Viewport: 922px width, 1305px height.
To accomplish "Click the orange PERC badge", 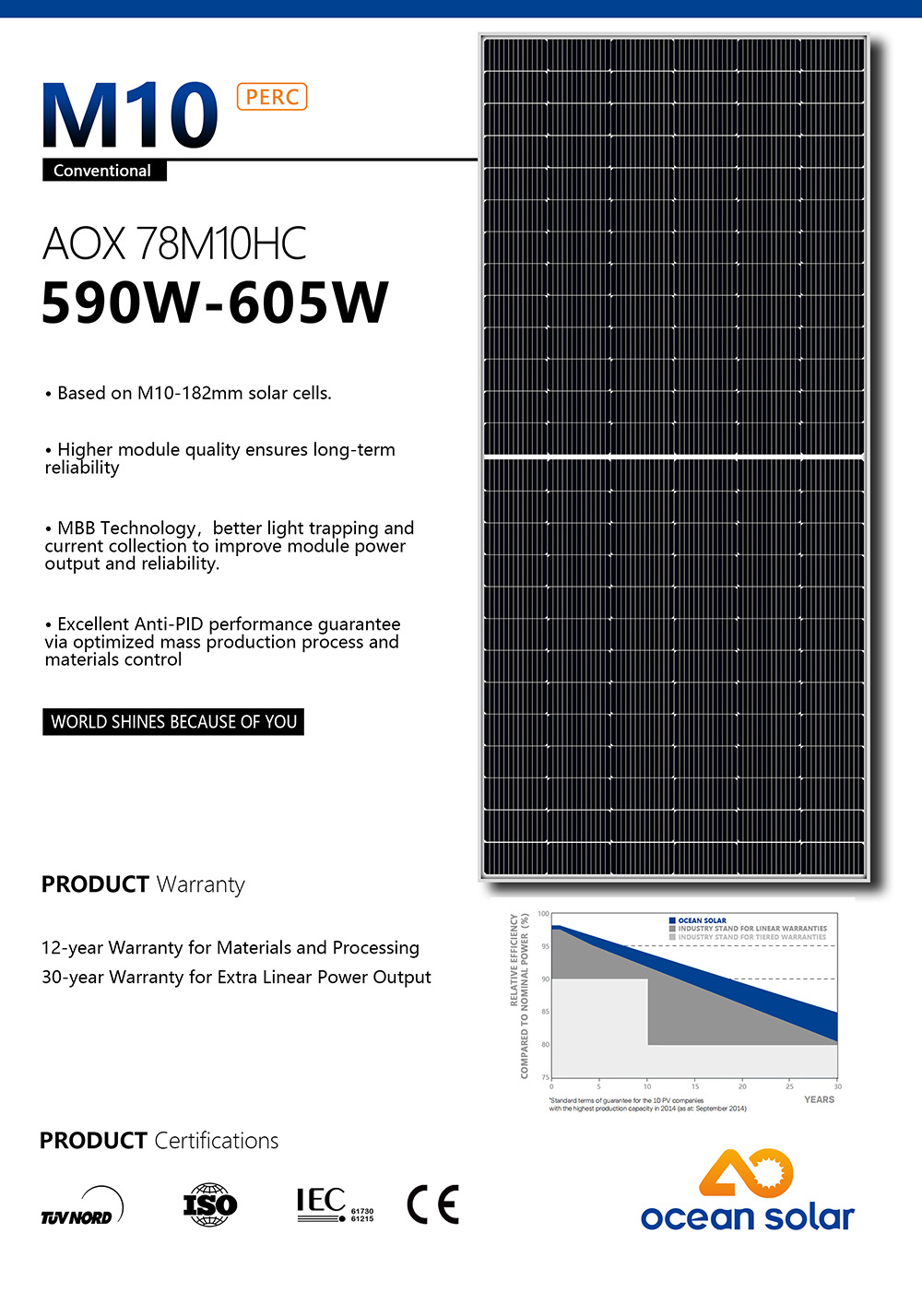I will tap(272, 97).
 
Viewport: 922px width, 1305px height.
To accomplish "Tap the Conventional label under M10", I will tap(102, 171).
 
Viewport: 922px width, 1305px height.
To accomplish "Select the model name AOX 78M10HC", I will tap(174, 243).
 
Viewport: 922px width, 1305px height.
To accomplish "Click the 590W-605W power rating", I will tap(215, 303).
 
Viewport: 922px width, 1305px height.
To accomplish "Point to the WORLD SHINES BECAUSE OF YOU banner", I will tap(173, 722).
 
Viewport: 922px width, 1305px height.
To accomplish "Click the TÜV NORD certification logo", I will tap(81, 1207).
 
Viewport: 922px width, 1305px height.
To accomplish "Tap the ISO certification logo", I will tap(210, 1204).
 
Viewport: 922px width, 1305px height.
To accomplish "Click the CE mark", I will tap(432, 1204).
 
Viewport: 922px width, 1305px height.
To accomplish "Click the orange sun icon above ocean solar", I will tap(747, 1172).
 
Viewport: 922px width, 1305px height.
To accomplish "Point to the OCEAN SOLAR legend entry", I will tap(702, 920).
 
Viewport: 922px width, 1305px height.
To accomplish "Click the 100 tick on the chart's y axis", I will tap(543, 914).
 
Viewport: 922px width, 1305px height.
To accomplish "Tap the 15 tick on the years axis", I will tap(695, 1086).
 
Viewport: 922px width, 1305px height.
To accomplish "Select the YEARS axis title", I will tap(819, 1099).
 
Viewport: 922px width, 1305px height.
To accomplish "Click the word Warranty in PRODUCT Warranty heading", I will tap(201, 885).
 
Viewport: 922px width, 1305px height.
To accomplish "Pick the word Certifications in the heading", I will tap(217, 1142).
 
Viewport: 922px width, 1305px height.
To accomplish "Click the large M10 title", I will tap(130, 116).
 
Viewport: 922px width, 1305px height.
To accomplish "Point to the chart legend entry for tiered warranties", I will tap(751, 937).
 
